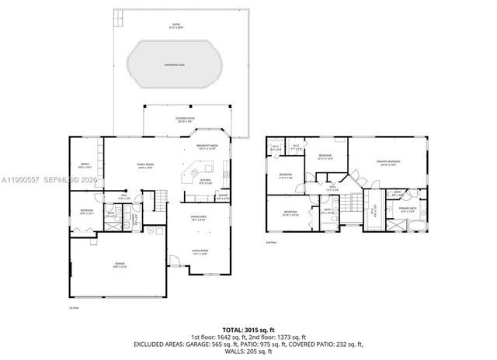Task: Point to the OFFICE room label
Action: coord(85,164)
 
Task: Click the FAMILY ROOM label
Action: coord(144,165)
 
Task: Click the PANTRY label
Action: coord(223,197)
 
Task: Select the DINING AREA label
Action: coord(199,219)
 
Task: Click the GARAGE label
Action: coord(120,265)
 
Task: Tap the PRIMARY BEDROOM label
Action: coord(387,163)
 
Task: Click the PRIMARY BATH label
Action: coord(408,209)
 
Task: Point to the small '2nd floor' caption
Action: coord(270,242)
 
